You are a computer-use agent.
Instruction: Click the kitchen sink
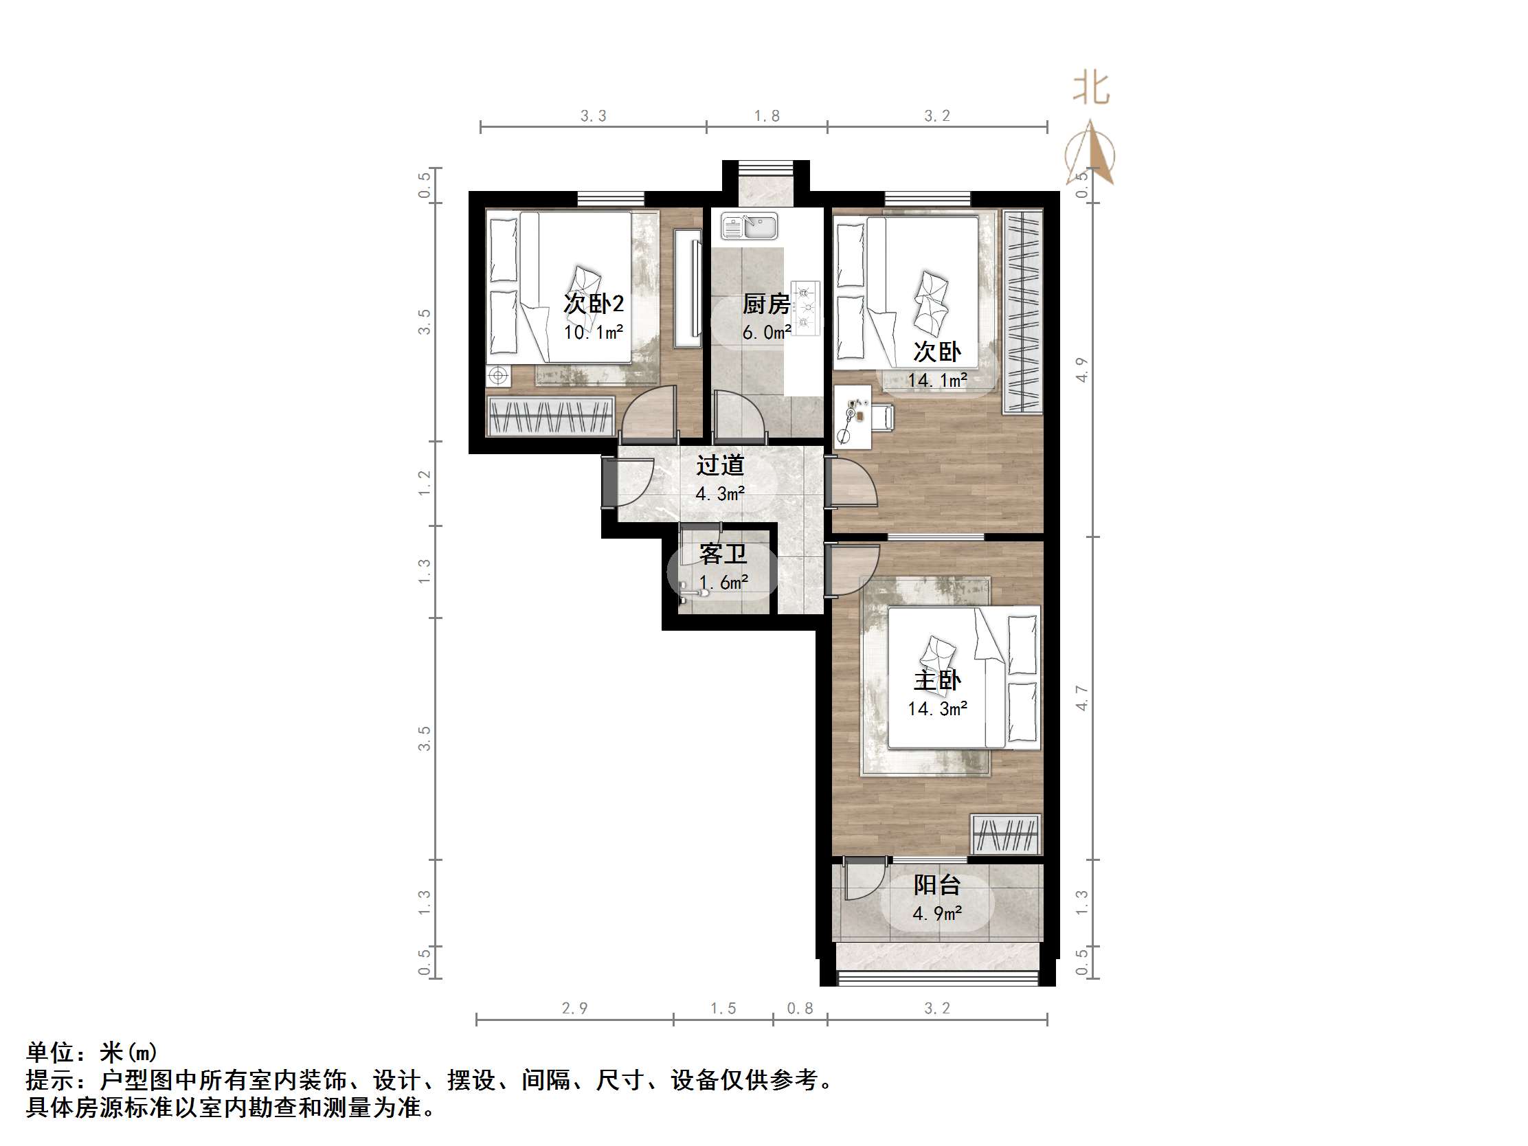point(749,226)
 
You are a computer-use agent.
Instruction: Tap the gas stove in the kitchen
point(805,308)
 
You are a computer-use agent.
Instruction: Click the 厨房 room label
point(766,304)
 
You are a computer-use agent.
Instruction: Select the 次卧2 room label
point(594,303)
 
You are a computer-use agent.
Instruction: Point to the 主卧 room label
point(936,680)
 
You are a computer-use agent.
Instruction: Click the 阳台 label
point(936,885)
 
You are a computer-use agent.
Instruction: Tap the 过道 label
point(720,465)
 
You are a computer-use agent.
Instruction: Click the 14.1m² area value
point(936,380)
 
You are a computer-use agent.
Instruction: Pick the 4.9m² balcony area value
point(936,913)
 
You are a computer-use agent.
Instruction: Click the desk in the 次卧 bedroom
point(853,416)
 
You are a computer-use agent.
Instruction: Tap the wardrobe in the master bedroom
point(1005,835)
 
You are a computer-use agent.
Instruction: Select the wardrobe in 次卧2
point(550,416)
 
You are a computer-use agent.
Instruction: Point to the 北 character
point(1091,89)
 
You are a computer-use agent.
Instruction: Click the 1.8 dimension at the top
point(767,116)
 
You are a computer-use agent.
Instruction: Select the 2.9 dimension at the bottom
point(575,1009)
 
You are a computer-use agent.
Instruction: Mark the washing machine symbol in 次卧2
point(497,376)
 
